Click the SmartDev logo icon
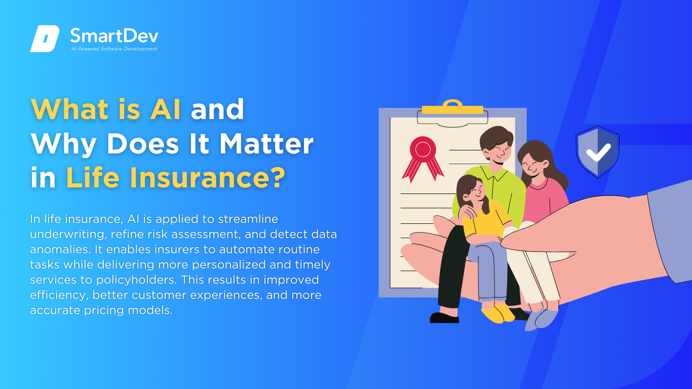(45, 38)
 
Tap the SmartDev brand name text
(114, 35)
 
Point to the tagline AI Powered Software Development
(114, 49)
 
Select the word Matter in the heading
(266, 144)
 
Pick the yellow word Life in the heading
(93, 177)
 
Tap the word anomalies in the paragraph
(60, 249)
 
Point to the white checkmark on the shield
(598, 152)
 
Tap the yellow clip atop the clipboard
(452, 107)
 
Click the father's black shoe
(444, 318)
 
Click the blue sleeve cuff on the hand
(670, 232)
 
